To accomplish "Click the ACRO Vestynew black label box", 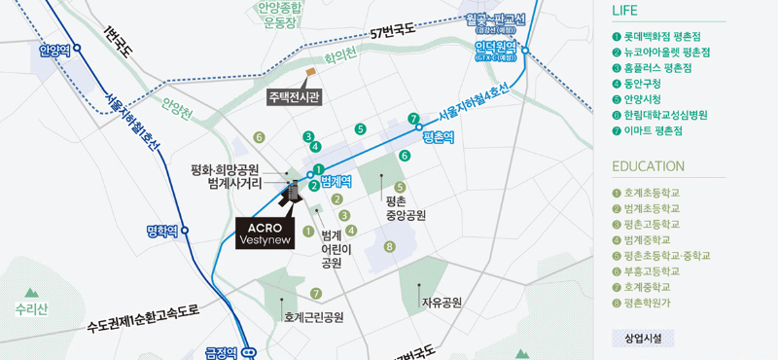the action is pos(265,234).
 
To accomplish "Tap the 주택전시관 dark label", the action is pos(295,96).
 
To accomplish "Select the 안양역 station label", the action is pos(55,51).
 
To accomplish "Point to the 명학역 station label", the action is pos(161,231).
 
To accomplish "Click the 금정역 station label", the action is pos(222,352).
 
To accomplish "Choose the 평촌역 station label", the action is pos(439,137).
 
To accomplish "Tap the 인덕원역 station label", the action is pos(495,46).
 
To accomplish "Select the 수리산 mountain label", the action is pos(31,309).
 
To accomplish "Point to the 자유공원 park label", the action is pos(441,303).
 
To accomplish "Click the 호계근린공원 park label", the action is pos(313,317).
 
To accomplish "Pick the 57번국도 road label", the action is pos(392,31).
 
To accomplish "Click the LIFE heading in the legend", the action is pos(625,11).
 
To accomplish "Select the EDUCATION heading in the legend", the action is pos(648,166).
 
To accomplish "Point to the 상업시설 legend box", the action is pos(643,339).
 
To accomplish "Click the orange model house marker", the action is pos(310,71).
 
